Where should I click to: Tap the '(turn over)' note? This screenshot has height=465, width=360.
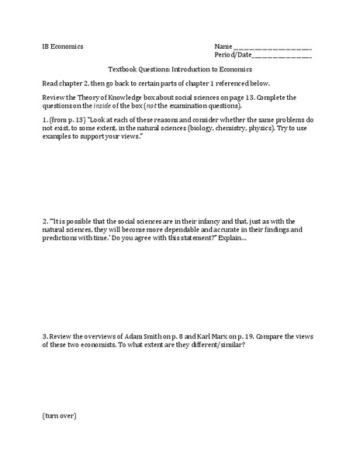coord(60,416)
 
